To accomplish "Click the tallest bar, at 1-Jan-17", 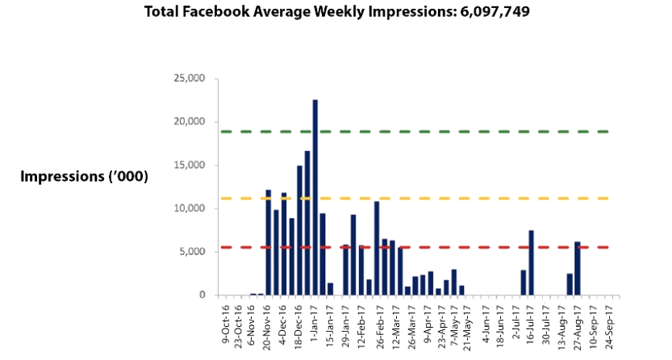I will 315,197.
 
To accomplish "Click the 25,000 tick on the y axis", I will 190,78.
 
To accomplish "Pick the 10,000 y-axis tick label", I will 190,208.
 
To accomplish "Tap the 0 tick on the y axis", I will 202,295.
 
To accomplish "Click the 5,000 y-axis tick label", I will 193,252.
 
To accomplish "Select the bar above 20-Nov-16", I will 269,242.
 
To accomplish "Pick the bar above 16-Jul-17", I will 531,262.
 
